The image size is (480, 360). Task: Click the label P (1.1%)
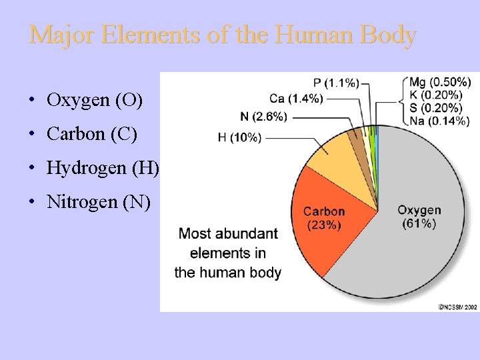point(336,83)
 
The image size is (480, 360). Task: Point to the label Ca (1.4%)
point(297,99)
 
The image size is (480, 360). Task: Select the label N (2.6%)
point(264,116)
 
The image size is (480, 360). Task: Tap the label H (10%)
point(239,137)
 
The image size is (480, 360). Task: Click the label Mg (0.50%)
point(440,83)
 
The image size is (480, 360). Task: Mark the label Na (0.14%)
point(439,121)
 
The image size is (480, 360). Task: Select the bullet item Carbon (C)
point(92,134)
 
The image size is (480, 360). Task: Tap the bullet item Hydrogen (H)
point(103,167)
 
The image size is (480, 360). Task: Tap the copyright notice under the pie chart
point(458,307)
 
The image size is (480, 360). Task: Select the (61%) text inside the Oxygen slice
point(419,223)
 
